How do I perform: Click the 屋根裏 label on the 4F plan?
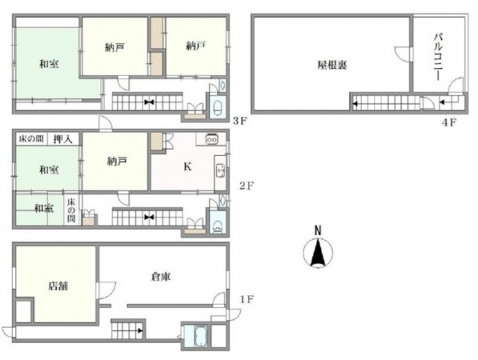331,64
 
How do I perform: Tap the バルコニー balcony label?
439,50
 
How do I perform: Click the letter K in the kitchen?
188,167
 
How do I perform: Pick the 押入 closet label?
62,139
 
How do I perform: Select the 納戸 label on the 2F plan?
116,161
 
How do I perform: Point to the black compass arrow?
318,254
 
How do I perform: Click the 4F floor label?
448,122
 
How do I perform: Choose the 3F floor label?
239,122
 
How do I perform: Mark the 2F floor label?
247,186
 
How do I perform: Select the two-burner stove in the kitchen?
213,139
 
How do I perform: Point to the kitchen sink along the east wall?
219,170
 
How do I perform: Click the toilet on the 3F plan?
217,106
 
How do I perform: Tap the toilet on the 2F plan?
217,223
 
